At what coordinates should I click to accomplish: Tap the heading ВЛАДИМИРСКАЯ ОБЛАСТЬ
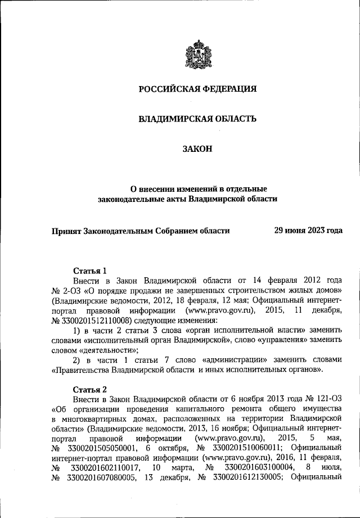tap(197, 119)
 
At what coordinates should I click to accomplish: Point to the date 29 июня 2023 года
tap(308, 230)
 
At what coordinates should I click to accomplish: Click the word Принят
tap(66, 230)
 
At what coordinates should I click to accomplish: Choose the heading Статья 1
tap(90, 270)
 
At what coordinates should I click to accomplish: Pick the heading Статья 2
tap(90, 389)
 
